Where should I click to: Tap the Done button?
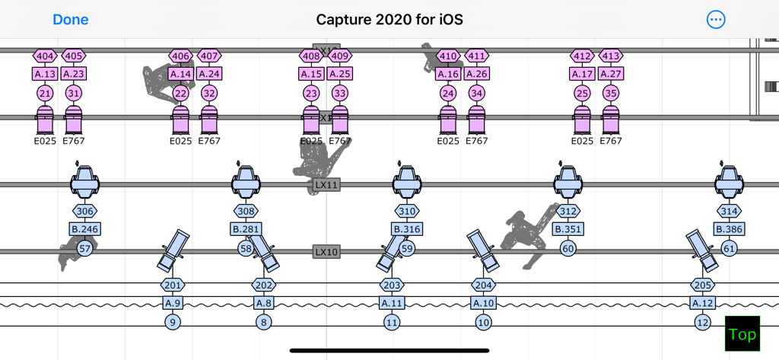[71, 20]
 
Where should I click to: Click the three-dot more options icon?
[716, 20]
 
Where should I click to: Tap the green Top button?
[742, 334]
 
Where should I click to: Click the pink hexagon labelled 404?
[45, 56]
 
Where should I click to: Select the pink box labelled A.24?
[209, 74]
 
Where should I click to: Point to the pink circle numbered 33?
[340, 94]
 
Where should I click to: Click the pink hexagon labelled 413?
[611, 56]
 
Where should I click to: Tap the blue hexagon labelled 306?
[85, 212]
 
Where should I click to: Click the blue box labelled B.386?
[730, 229]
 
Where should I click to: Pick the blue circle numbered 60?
[568, 248]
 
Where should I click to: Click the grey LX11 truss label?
[326, 185]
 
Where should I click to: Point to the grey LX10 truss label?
[326, 252]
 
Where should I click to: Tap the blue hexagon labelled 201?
[173, 285]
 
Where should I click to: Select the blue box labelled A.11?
[392, 303]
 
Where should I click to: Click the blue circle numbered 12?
[702, 323]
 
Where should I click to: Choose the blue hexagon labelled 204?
[483, 285]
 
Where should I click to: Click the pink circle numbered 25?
[582, 94]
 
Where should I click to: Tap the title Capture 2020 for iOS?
[389, 20]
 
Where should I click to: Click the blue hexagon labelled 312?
[568, 212]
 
